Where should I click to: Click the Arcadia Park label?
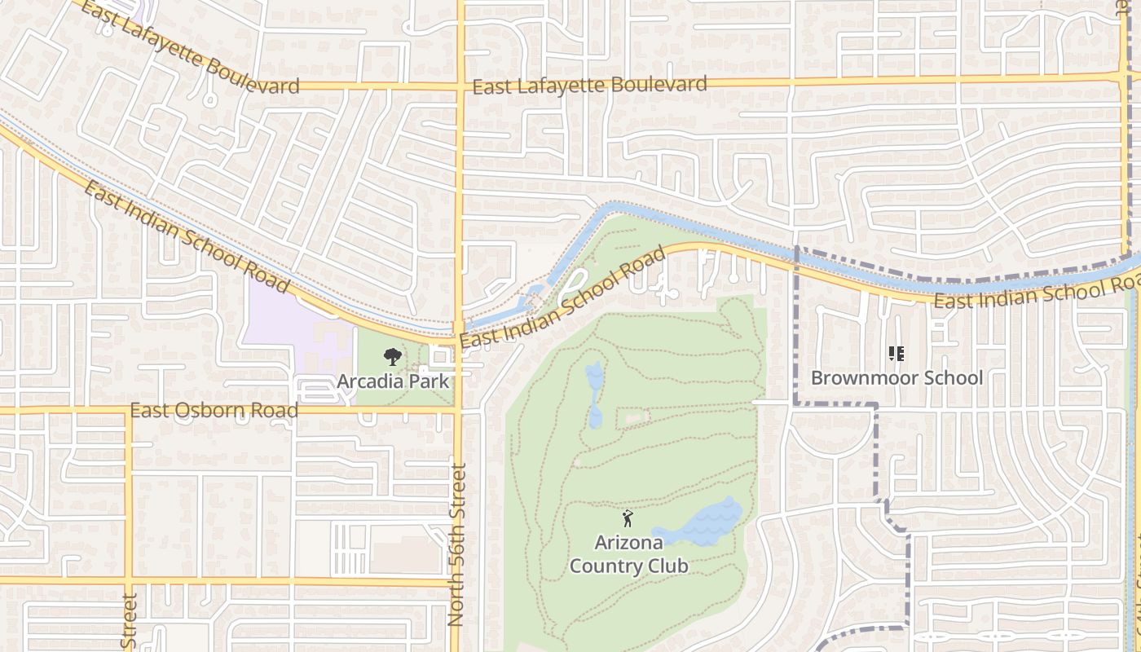(x=393, y=381)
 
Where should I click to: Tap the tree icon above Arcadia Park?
(x=393, y=356)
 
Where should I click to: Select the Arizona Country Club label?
(x=628, y=554)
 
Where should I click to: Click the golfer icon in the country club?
(x=628, y=518)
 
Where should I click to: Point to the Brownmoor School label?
(x=896, y=378)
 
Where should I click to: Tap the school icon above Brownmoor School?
(x=896, y=354)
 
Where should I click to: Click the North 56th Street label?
(x=457, y=544)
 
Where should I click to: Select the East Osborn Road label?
(x=214, y=410)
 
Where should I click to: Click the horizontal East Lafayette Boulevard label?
(x=589, y=85)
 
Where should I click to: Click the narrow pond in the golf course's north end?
(x=595, y=394)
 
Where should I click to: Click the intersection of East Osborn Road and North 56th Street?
(x=459, y=410)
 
